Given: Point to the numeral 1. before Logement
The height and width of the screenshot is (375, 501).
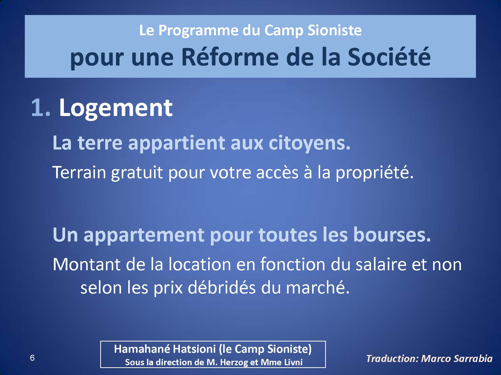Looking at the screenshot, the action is point(41,108).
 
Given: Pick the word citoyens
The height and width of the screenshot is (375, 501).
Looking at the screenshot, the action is point(309,143).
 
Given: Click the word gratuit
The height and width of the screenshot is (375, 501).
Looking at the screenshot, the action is point(137,173).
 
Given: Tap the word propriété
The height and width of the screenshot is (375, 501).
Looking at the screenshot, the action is point(374,173).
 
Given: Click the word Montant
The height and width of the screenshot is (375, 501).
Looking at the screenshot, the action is point(86,264).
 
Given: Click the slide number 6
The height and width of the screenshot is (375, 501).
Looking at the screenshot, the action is point(32,358).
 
